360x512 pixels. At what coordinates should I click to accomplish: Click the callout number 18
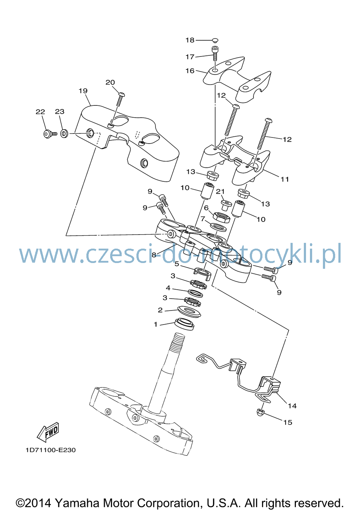click(190, 40)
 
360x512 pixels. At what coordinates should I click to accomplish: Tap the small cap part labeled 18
click(215, 40)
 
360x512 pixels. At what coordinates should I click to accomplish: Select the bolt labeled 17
click(215, 53)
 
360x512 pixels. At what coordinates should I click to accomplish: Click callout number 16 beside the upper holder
click(190, 71)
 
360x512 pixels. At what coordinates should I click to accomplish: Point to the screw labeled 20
click(120, 99)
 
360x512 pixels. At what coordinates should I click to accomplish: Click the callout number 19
click(83, 91)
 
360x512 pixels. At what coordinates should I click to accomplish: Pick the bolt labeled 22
click(50, 133)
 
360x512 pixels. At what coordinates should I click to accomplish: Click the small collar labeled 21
click(226, 205)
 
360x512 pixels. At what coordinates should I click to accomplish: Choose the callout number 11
click(285, 180)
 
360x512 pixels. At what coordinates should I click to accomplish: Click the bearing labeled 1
click(184, 324)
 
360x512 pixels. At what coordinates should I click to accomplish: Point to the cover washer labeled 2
click(189, 311)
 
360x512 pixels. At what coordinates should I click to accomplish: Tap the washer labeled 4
click(195, 293)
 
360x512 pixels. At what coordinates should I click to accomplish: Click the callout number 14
click(292, 406)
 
